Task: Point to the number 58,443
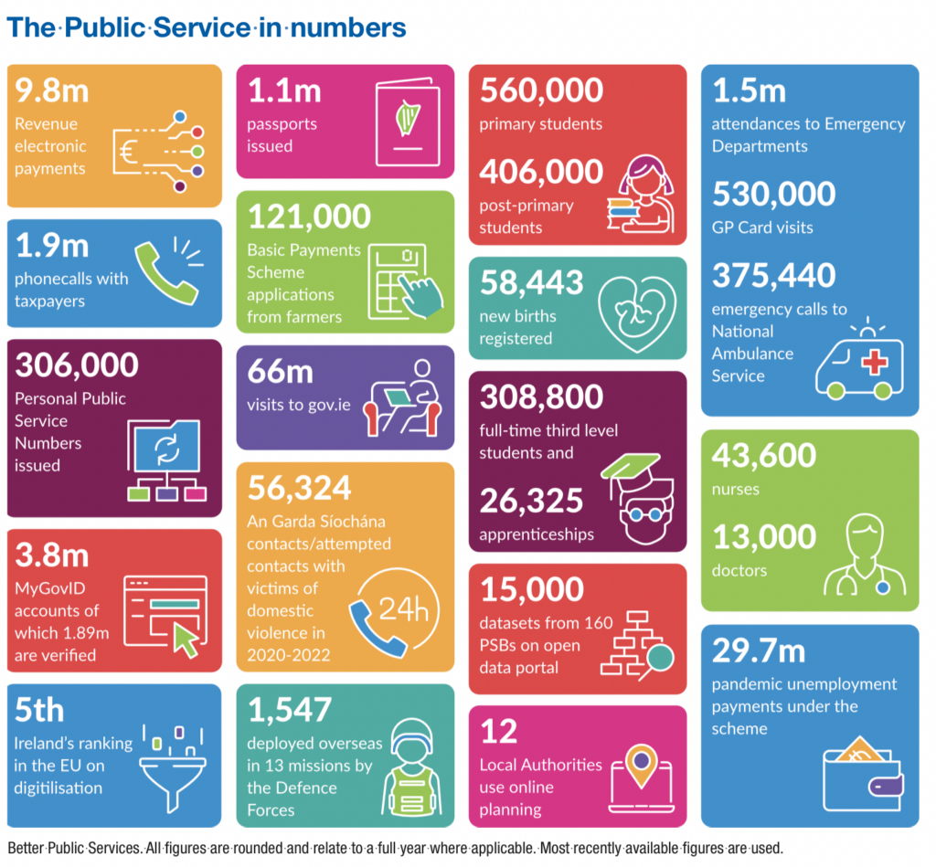pyautogui.click(x=531, y=283)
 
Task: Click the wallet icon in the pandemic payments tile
pyautogui.click(x=863, y=767)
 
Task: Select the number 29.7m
pyautogui.click(x=758, y=651)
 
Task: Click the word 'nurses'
pyautogui.click(x=735, y=490)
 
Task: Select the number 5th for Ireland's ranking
pyautogui.click(x=39, y=710)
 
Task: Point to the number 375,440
pyautogui.click(x=773, y=275)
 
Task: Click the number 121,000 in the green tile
pyautogui.click(x=309, y=217)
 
